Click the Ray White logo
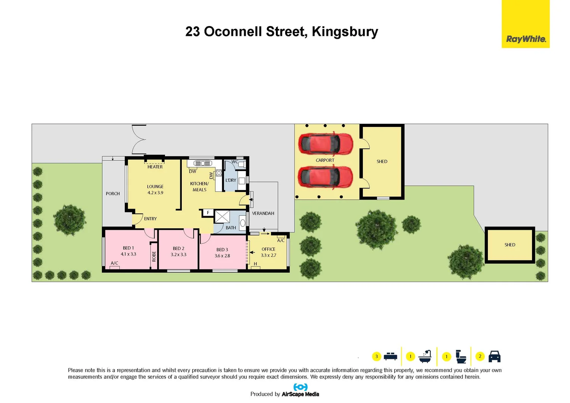526,39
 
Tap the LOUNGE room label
155,187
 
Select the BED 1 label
128,248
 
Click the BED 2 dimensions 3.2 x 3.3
178,254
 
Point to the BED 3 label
222,250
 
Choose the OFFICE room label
268,249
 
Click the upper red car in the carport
325,144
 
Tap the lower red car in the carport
325,177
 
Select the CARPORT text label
325,160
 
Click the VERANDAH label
263,213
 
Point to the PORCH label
113,194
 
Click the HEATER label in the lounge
155,167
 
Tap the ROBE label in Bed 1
154,256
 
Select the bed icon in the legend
390,356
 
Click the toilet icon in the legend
461,357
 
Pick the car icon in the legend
494,356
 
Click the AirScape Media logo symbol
300,387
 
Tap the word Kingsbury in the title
345,32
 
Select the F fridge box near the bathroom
208,213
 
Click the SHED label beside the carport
382,162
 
